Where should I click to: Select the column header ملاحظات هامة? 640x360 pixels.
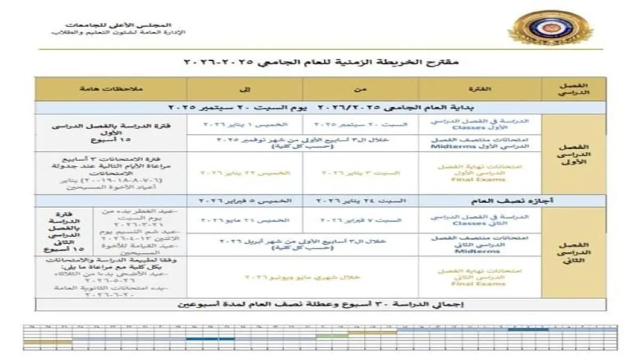click(x=111, y=87)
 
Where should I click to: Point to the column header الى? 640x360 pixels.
click(x=245, y=87)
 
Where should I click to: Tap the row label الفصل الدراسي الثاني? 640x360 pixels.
click(x=574, y=252)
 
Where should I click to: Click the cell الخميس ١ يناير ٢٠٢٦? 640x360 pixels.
click(x=245, y=125)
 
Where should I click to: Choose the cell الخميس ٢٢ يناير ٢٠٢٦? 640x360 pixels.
click(x=245, y=173)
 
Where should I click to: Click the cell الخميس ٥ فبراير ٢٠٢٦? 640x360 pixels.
click(x=245, y=201)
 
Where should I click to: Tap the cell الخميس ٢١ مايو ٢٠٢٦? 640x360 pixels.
click(x=245, y=220)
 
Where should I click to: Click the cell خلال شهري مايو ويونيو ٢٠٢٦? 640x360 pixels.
click(x=302, y=277)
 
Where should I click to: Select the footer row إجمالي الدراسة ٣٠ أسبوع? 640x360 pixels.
click(x=320, y=305)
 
